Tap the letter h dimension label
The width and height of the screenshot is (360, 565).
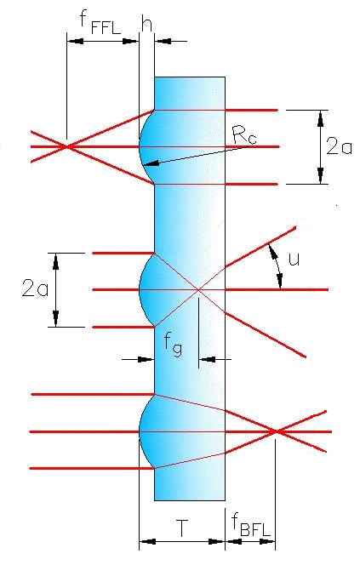pos(146,24)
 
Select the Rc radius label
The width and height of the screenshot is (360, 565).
pos(245,134)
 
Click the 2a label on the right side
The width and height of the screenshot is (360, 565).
pos(339,147)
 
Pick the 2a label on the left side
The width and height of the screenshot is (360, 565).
pos(35,288)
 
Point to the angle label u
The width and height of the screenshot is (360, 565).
pos(294,259)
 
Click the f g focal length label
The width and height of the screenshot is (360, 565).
pos(174,345)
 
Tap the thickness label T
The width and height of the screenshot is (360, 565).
pos(182,528)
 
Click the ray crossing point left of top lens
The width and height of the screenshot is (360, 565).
pos(66,146)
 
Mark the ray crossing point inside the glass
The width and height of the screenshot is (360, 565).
pos(197,289)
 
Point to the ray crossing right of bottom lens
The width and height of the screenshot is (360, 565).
pos(276,431)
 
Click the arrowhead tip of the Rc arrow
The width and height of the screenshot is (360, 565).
pos(144,165)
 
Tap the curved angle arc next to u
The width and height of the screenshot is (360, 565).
pos(277,266)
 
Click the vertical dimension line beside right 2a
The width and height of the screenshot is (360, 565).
pos(320,147)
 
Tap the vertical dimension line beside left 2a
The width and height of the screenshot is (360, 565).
pos(55,290)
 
